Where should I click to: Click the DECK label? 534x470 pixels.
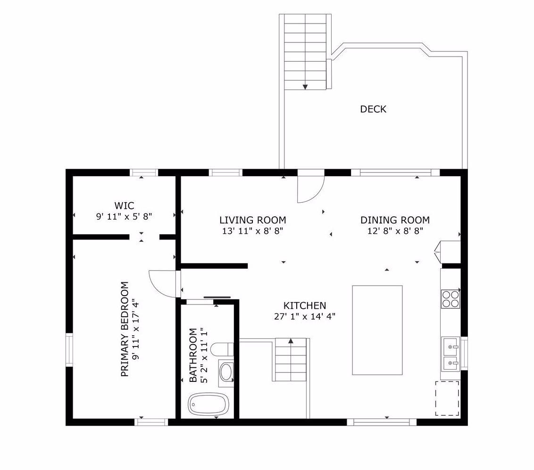point(373,109)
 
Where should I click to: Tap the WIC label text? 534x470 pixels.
point(124,206)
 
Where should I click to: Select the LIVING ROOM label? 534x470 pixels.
point(253,220)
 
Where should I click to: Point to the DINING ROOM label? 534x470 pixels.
point(395,220)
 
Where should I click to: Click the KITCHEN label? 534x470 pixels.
point(305,305)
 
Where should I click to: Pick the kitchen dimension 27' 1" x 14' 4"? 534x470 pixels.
point(305,316)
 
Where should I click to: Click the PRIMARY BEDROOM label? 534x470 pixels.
point(125,329)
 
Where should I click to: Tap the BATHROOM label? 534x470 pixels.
point(193,355)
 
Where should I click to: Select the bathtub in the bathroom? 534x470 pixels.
point(208,404)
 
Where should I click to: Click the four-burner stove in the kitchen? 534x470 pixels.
point(451,299)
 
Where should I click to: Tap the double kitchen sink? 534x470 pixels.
point(451,355)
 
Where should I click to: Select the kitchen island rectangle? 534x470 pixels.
point(377,330)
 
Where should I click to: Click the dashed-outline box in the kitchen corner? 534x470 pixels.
point(447,398)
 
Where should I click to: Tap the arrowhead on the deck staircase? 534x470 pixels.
point(305,87)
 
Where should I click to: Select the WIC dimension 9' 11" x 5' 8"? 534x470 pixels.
point(124,216)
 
